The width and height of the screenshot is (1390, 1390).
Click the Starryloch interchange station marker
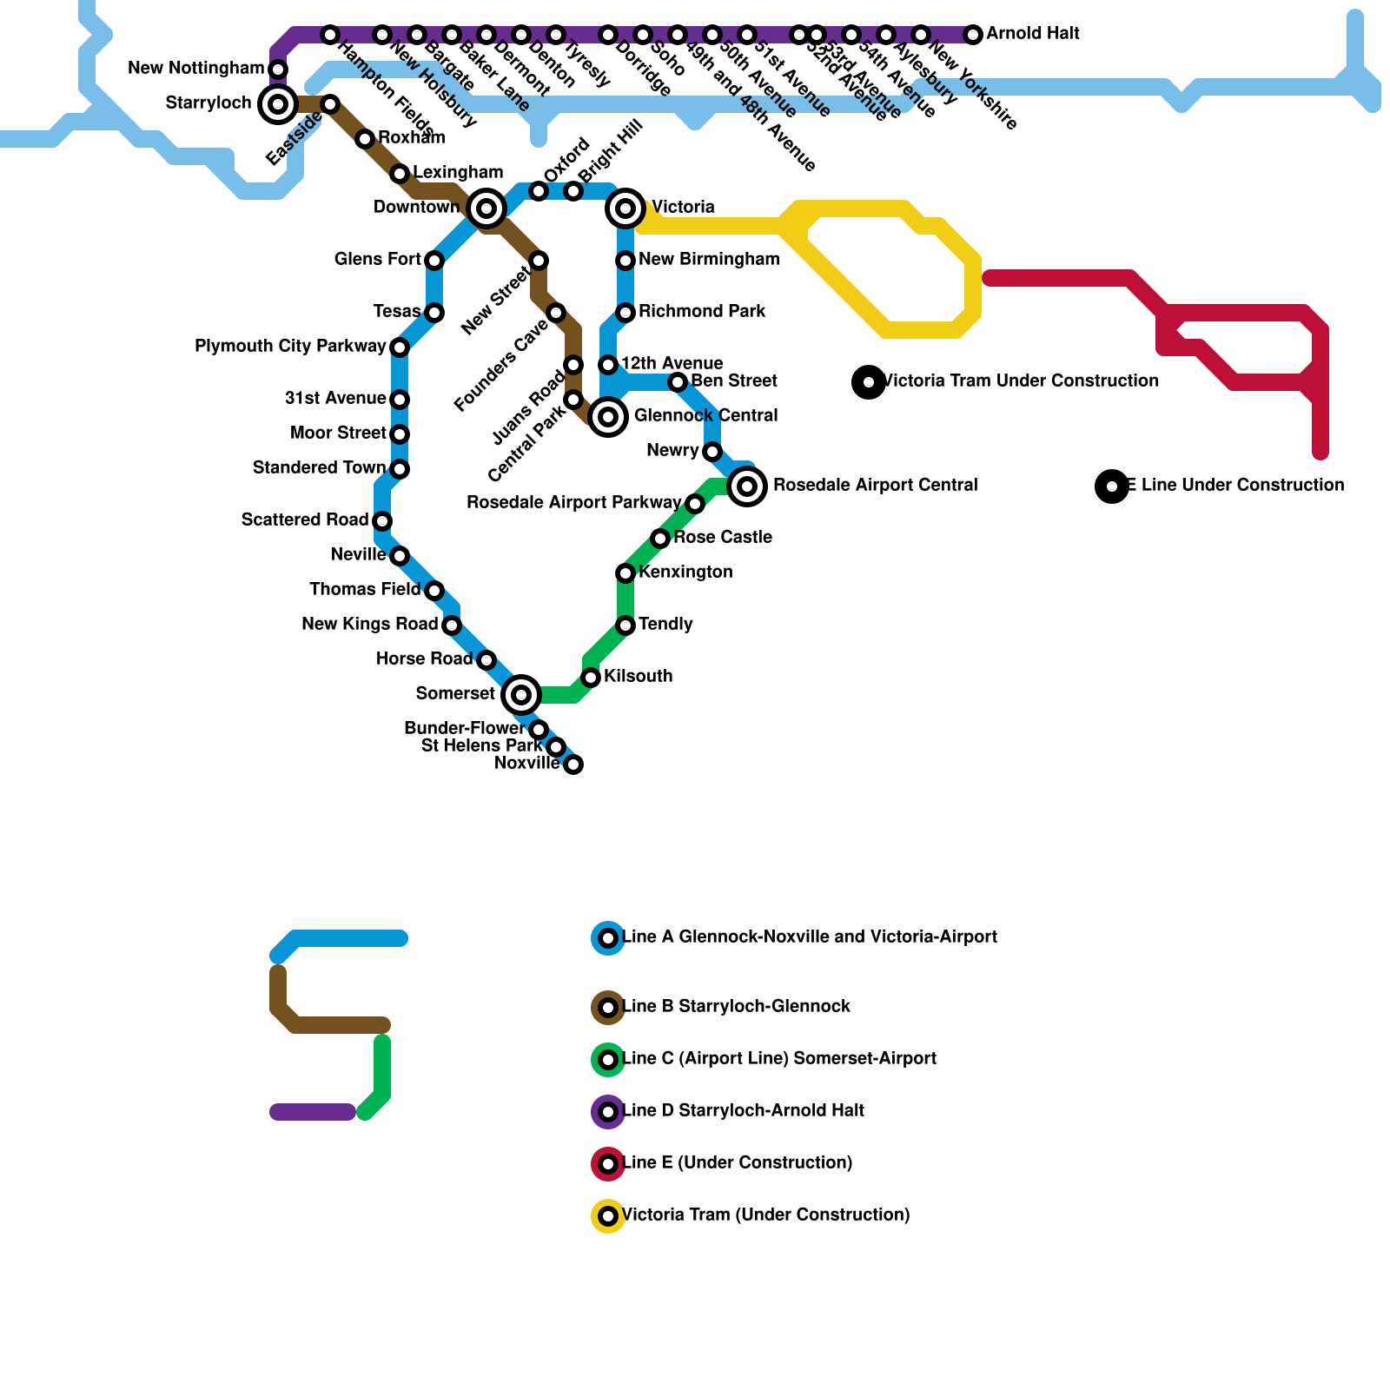pos(278,104)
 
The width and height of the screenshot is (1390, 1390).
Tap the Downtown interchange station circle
pos(486,208)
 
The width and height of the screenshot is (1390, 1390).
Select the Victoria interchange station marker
pos(625,208)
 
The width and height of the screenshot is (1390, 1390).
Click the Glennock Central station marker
pos(608,417)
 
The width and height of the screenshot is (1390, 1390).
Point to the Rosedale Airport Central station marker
pos(747,486)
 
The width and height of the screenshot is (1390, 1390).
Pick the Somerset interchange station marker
pos(521,695)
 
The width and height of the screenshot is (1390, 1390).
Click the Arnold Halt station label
pos(1033,34)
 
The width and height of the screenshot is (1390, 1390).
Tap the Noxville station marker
pos(573,764)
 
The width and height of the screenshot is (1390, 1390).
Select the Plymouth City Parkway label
pos(290,347)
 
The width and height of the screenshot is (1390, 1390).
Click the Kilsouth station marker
pos(591,678)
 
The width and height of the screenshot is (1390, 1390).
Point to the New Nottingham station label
pos(196,69)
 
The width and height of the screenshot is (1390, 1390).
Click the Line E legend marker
pos(608,1164)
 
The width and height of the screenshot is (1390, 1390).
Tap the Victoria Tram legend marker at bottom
pos(608,1216)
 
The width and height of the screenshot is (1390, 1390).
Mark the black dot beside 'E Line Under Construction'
pos(1112,486)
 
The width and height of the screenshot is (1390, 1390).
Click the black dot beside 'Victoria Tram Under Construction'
pos(869,382)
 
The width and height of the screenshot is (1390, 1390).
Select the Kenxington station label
pos(685,573)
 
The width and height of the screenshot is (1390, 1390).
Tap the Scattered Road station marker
pos(382,521)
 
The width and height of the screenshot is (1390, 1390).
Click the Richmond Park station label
pos(702,312)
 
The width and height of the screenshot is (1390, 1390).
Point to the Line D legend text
pos(744,1111)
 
